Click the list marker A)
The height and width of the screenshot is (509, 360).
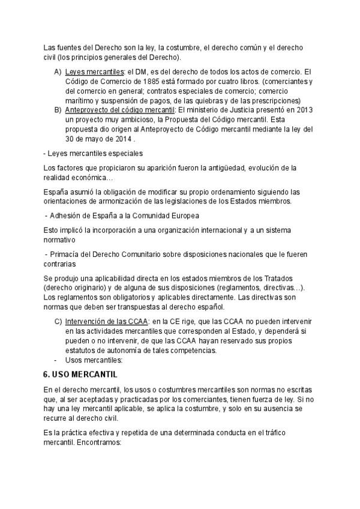coord(58,72)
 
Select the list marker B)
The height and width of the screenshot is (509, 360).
coord(58,110)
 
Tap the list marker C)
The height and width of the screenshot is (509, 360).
coord(58,322)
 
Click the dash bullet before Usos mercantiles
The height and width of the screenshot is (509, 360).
coord(56,360)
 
